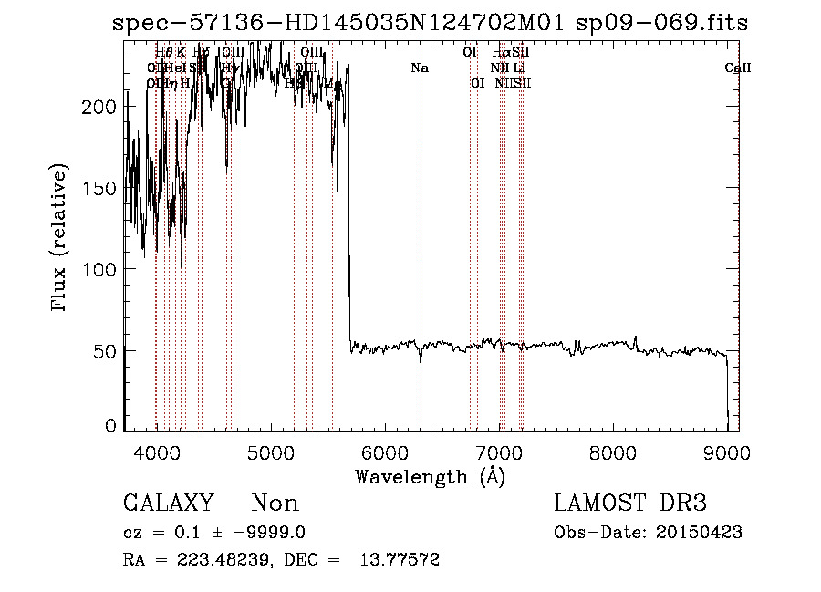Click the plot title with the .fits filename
pos(431,24)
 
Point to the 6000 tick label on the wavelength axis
pos(384,452)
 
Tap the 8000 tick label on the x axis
pos(613,452)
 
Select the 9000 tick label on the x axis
pos(727,452)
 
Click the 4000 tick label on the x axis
pos(156,452)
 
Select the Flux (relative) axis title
pos(61,240)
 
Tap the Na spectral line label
pos(420,68)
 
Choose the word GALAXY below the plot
pos(169,504)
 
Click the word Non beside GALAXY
pos(275,504)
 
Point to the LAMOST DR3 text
pos(630,504)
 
